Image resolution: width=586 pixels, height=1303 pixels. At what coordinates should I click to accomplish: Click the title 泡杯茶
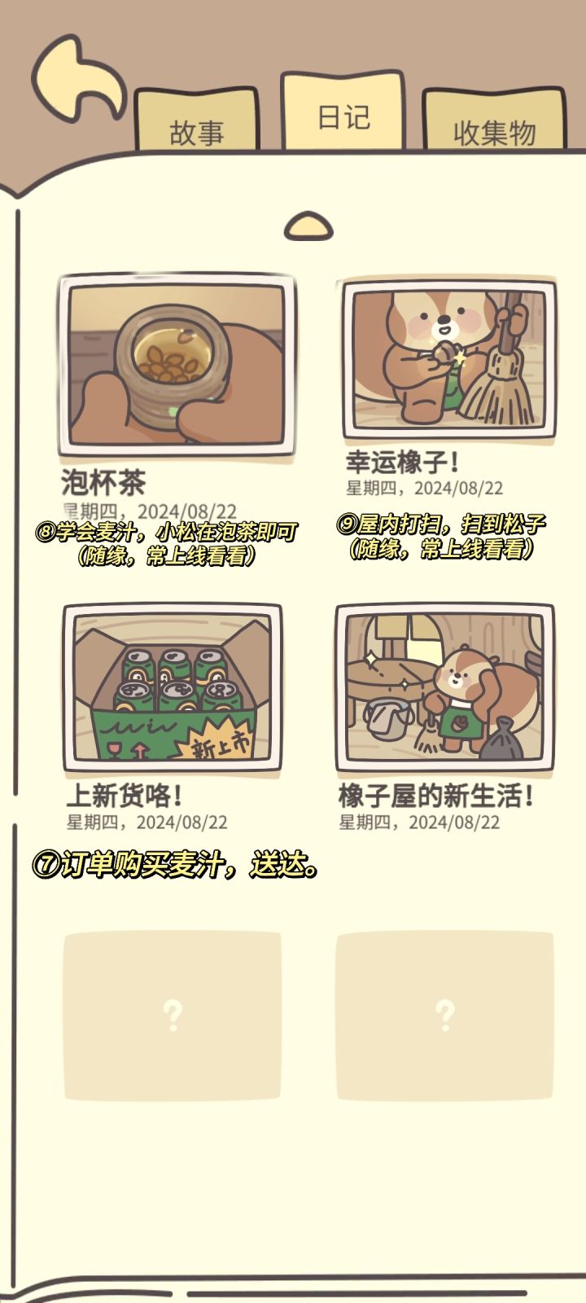103,481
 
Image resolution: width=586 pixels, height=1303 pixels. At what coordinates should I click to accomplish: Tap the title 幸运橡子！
402,462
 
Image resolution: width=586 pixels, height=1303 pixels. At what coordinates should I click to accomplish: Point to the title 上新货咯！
125,795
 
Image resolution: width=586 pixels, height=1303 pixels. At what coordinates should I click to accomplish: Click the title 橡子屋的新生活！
436,795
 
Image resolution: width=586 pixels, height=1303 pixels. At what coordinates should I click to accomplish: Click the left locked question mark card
173,1016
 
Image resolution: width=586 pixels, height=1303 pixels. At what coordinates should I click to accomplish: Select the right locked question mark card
444,1016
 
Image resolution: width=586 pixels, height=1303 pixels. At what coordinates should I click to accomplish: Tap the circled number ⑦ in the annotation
46,865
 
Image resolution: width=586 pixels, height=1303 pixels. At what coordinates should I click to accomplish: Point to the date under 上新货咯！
146,822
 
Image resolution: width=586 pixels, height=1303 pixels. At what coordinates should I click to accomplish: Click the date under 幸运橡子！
424,488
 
